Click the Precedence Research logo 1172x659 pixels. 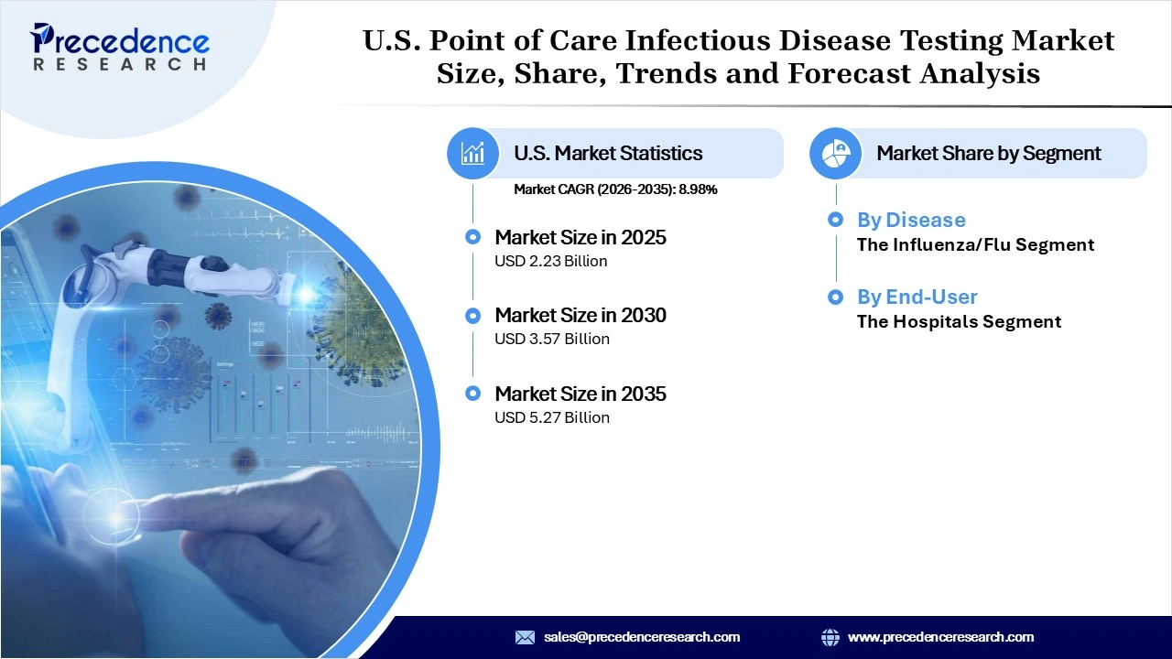click(x=120, y=46)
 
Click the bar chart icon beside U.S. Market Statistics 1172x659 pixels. click(x=472, y=153)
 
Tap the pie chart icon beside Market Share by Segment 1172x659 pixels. click(x=835, y=153)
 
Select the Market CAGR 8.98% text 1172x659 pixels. click(x=615, y=189)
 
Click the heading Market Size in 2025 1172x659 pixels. click(x=580, y=237)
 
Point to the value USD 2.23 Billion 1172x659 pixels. click(x=551, y=261)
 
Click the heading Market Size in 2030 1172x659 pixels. click(x=580, y=315)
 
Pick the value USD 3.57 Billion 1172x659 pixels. click(x=551, y=339)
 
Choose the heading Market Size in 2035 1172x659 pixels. click(x=580, y=394)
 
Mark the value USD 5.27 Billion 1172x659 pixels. click(x=551, y=417)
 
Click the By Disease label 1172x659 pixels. click(x=910, y=220)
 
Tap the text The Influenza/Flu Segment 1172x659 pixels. click(x=975, y=244)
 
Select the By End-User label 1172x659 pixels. click(x=917, y=297)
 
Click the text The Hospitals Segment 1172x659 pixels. click(x=959, y=321)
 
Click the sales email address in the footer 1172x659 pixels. click(x=641, y=637)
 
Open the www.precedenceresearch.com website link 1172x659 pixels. click(x=940, y=637)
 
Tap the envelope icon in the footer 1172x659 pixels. click(x=525, y=637)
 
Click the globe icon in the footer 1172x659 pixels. click(x=830, y=637)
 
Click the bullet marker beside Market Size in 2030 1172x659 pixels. click(x=472, y=316)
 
